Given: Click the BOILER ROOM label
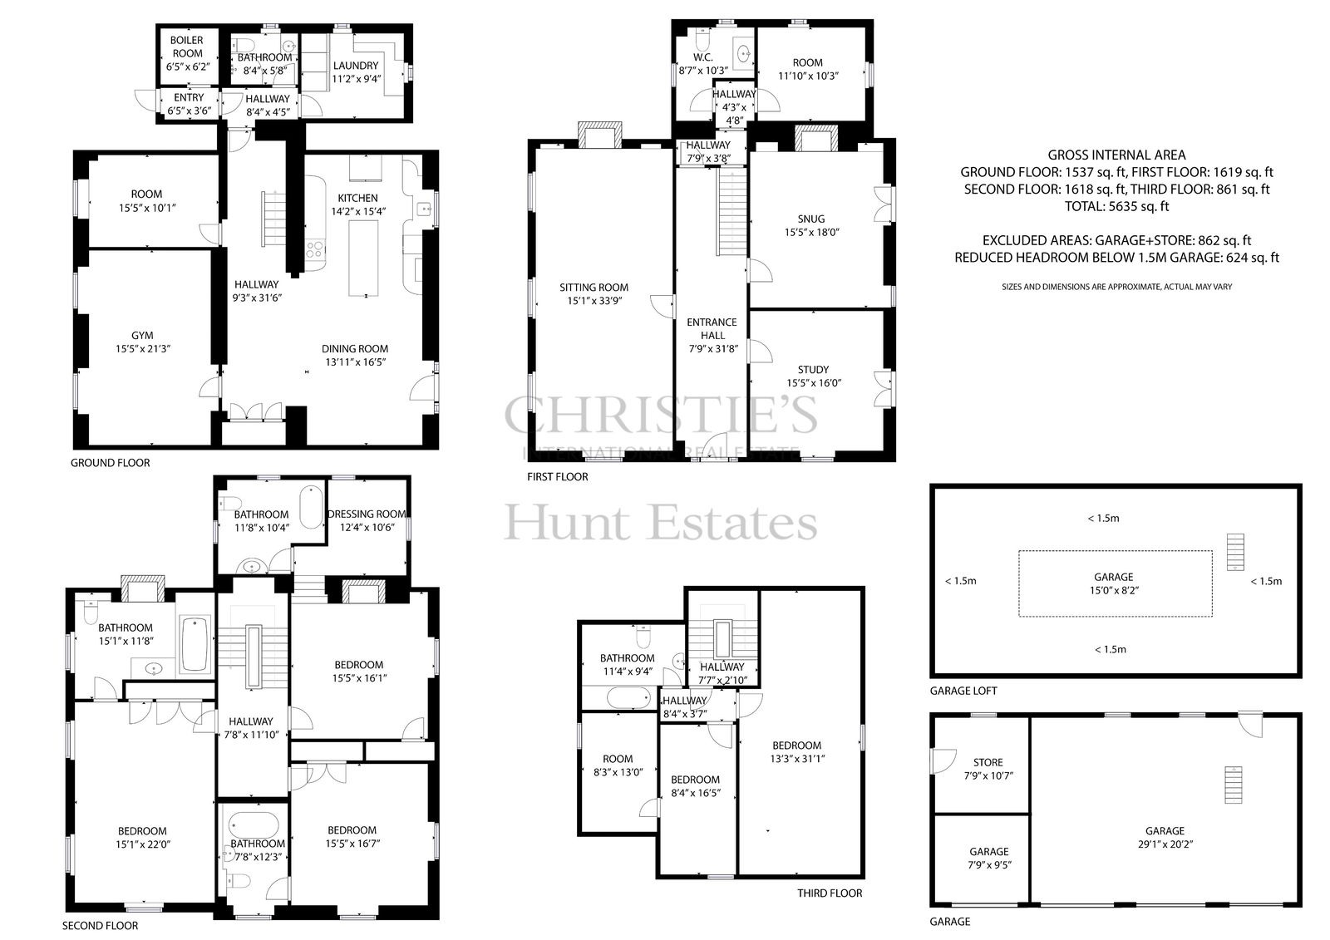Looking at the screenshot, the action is (187, 47).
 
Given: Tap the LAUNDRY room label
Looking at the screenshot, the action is (356, 66).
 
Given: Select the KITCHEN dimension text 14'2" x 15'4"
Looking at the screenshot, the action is (358, 211).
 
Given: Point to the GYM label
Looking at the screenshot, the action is (142, 336).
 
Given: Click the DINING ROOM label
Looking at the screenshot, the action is (355, 349).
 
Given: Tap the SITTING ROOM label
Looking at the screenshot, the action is (594, 288).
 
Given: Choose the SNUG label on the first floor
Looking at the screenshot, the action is (811, 219).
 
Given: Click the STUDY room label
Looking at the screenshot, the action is (814, 370).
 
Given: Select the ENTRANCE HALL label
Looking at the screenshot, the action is (712, 328).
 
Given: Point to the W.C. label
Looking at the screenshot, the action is (703, 57).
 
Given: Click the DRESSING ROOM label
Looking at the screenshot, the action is (367, 514).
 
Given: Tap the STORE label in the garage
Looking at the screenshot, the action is (988, 762).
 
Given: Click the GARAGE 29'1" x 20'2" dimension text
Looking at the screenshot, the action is (1165, 844).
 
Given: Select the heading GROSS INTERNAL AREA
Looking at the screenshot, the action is (1116, 155).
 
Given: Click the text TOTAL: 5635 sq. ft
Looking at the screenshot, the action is (1117, 207).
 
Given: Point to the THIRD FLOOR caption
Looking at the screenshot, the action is (830, 893).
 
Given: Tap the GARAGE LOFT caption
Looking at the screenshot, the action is (963, 691).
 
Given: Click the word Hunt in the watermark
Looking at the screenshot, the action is (567, 523).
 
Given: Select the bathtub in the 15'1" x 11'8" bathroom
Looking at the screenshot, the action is (195, 645).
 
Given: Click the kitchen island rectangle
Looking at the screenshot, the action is (363, 258).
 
